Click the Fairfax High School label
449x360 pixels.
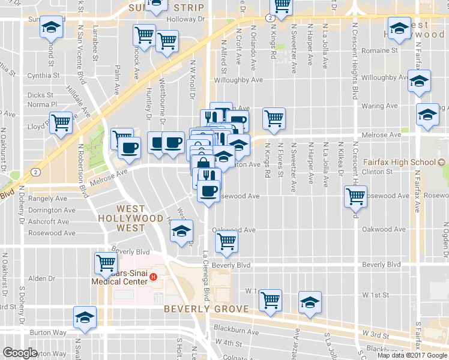(400, 162)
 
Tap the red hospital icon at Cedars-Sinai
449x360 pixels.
(154, 277)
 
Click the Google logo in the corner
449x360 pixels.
(20, 352)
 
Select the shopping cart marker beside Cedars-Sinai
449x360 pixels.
(106, 262)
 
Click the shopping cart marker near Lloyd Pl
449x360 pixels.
(61, 123)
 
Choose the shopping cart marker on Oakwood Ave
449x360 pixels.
(226, 241)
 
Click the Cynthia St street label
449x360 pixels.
(43, 76)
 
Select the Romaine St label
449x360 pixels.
(382, 51)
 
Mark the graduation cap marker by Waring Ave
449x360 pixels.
(428, 115)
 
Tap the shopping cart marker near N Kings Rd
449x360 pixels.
(274, 118)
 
